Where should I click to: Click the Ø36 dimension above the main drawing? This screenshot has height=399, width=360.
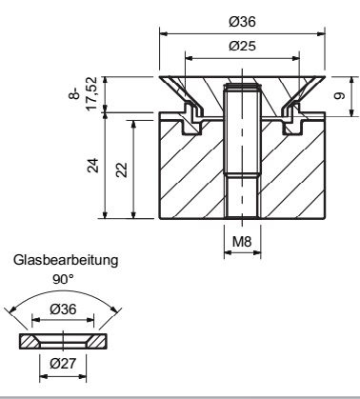tap(242, 22)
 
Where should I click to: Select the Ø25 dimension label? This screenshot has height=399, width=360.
tap(242, 46)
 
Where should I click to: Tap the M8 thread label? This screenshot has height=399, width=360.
tap(242, 242)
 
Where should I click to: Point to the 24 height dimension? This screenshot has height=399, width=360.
tap(93, 166)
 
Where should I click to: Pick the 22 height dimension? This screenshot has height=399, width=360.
tap(122, 170)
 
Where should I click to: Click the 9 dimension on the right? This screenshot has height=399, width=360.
tap(339, 95)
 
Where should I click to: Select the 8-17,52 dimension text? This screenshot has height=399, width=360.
tap(86, 93)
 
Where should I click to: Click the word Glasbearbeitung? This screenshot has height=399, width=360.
tap(66, 260)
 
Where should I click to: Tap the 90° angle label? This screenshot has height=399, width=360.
tap(63, 279)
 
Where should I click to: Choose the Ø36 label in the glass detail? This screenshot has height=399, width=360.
tap(63, 309)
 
